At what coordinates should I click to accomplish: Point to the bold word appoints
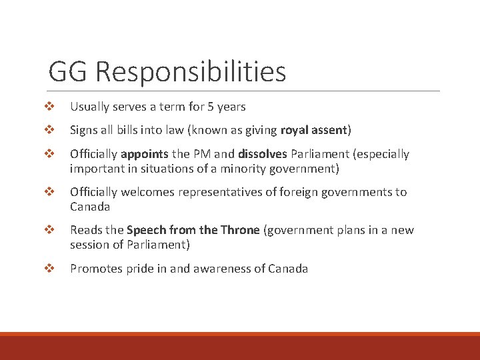144,154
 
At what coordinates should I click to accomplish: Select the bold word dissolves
263,154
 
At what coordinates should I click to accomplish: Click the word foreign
289,192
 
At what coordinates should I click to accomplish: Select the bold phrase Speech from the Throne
193,230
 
